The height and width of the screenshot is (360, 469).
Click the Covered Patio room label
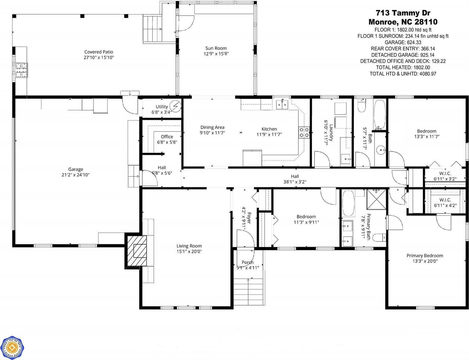click(98, 52)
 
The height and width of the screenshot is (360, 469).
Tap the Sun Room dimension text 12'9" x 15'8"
click(216, 54)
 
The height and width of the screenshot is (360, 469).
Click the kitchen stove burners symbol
click(304, 133)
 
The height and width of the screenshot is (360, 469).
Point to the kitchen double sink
click(282, 104)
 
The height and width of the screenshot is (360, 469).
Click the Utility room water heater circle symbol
click(175, 106)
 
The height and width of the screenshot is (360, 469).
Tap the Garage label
click(75, 169)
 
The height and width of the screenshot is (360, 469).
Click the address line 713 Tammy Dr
click(403, 13)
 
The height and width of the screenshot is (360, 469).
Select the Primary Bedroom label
click(425, 256)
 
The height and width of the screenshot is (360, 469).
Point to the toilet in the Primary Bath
click(380, 238)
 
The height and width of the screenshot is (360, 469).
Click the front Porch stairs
click(248, 291)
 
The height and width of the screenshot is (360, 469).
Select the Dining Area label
click(212, 127)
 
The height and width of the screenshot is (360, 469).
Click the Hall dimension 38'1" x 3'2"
click(295, 182)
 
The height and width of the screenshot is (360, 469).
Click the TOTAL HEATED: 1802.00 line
click(403, 67)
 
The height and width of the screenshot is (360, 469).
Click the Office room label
click(167, 136)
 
